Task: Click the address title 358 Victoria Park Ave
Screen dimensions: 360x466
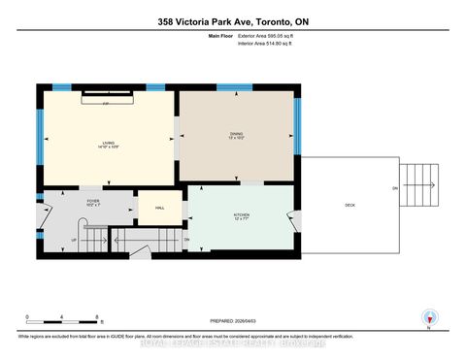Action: click(x=232, y=21)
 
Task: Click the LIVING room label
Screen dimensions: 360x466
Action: click(x=108, y=143)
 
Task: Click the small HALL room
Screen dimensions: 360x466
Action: click(x=153, y=209)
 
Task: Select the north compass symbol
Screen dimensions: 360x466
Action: click(x=426, y=318)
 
